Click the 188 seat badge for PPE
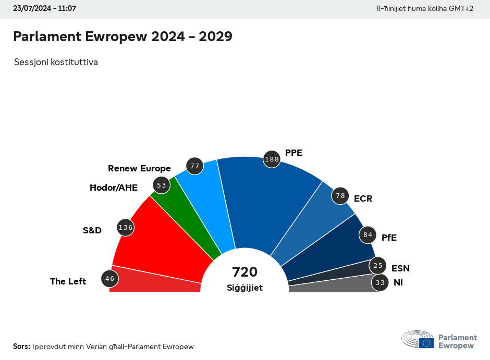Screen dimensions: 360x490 [x=272, y=159]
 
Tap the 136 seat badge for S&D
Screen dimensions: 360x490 [x=126, y=228]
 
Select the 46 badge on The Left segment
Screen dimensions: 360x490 [x=109, y=279]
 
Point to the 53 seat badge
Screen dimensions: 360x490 [x=161, y=185]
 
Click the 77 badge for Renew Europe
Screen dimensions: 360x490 [x=195, y=166]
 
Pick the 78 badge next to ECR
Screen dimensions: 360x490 [x=340, y=195]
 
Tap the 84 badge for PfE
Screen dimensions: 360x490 [x=367, y=235]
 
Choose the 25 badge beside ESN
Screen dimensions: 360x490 [x=378, y=266]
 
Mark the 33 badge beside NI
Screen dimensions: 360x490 [x=380, y=283]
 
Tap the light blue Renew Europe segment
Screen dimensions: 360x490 [x=214, y=203]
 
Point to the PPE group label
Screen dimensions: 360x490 [x=293, y=153]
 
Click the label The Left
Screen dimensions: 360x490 [x=68, y=281]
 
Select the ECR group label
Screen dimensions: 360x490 [x=363, y=198]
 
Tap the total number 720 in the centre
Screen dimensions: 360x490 [x=244, y=272]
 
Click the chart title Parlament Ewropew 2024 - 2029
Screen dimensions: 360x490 [x=123, y=36]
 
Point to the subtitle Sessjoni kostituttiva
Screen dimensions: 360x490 [x=56, y=62]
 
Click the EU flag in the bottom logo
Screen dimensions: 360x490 [x=426, y=343]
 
